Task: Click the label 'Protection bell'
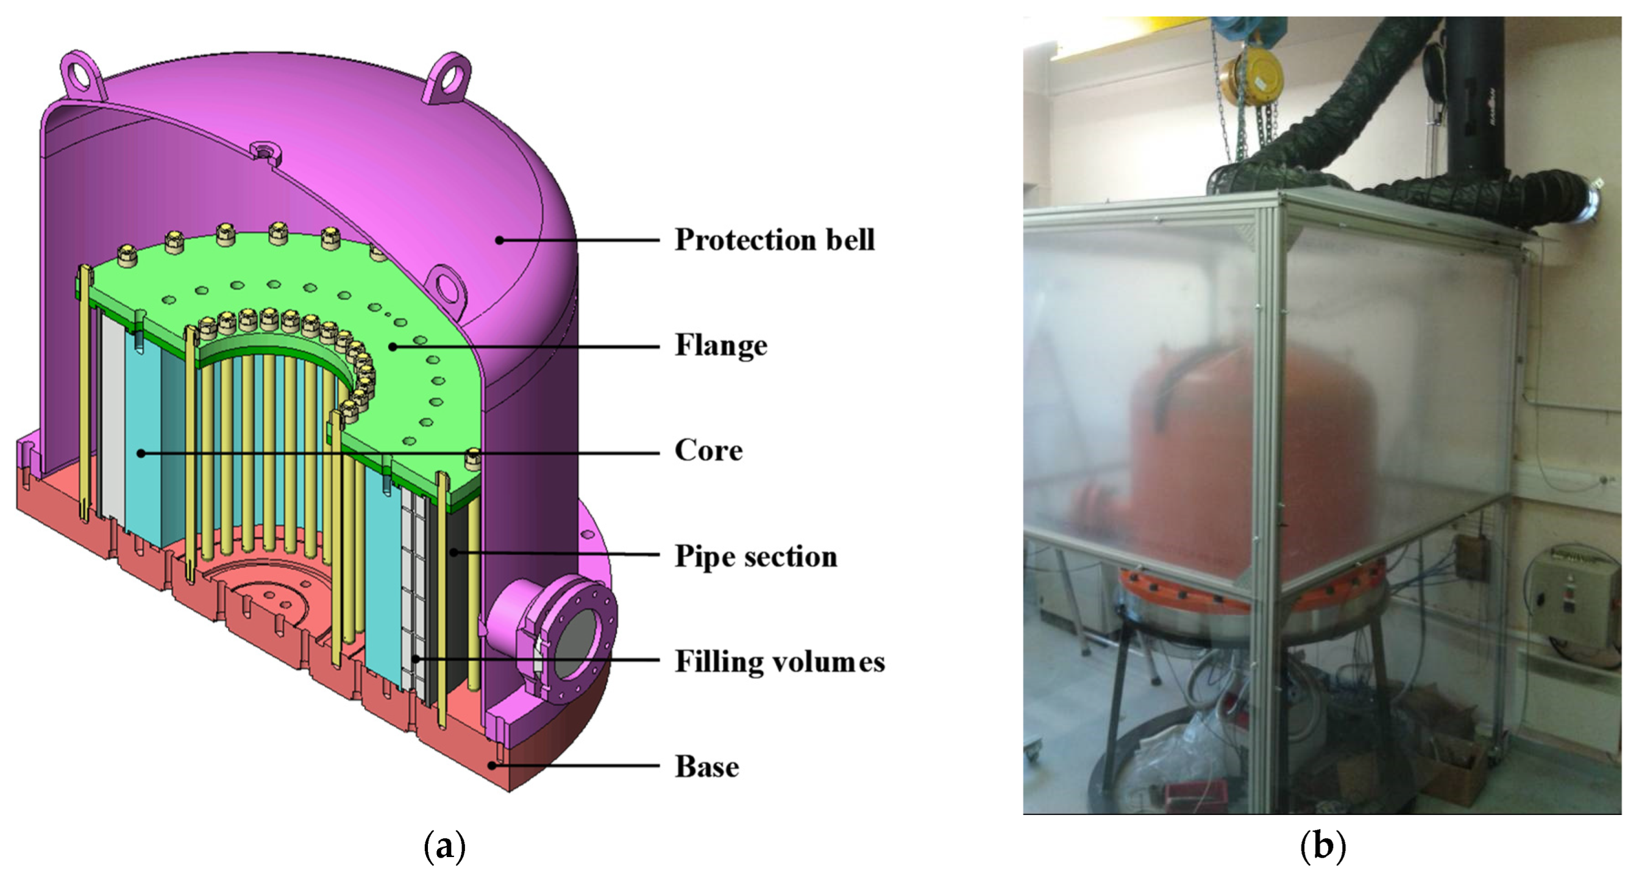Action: [x=774, y=240]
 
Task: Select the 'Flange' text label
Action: [x=721, y=346]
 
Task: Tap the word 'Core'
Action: [x=708, y=450]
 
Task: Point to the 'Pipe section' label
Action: [x=756, y=557]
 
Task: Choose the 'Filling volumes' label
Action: [x=780, y=661]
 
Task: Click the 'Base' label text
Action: [x=707, y=766]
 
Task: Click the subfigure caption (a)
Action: [x=444, y=847]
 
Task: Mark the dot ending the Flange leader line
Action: [x=393, y=347]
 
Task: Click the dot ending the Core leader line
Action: [x=141, y=453]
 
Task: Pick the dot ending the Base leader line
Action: [x=492, y=766]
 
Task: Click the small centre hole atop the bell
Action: [x=261, y=152]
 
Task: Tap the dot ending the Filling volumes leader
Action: [x=414, y=660]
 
